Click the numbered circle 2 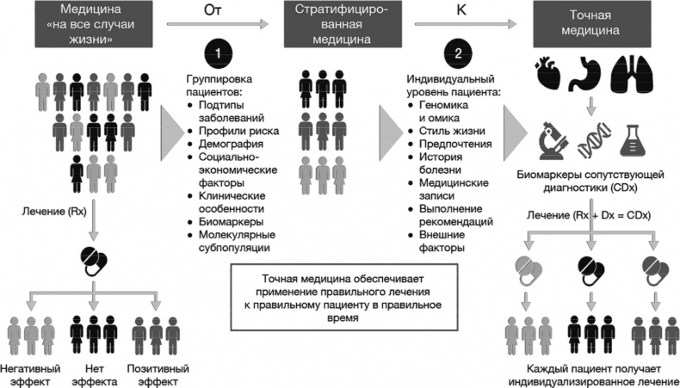[x=457, y=54]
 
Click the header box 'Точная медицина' [x=590, y=23]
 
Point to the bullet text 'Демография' [x=227, y=146]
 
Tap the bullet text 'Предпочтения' [x=455, y=145]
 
